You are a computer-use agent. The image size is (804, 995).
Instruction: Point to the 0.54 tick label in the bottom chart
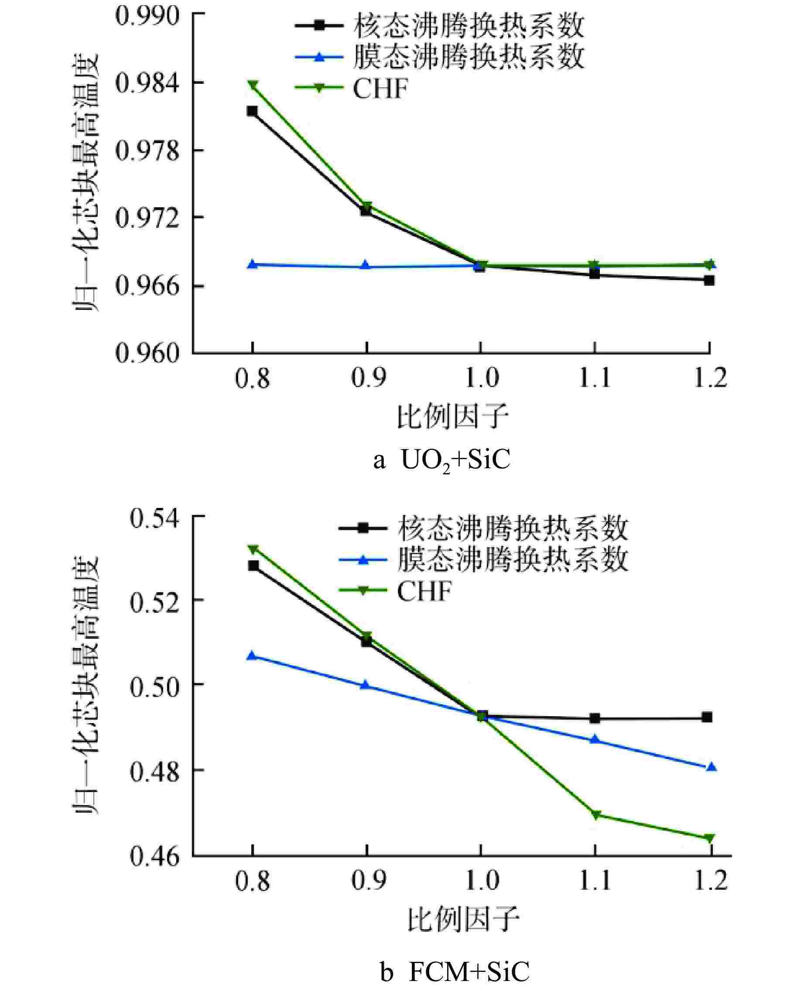coord(154,518)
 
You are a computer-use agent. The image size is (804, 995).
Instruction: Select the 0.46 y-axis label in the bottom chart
coord(154,857)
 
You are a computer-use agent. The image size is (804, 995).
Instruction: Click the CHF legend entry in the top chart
coord(380,88)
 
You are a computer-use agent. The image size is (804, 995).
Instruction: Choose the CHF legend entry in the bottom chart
coord(424,591)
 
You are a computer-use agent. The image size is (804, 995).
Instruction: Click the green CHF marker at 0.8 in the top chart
coord(253,85)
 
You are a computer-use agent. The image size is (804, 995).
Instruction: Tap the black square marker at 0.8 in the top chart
coord(253,111)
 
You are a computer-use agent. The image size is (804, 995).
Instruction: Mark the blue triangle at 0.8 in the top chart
coord(253,264)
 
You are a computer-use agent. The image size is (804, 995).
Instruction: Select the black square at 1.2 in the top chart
coord(709,280)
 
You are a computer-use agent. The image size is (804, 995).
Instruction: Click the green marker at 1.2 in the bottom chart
coord(709,838)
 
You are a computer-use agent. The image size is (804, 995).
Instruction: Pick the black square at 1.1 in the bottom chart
coord(595,718)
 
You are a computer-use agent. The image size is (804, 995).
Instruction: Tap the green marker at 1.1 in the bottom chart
coord(595,814)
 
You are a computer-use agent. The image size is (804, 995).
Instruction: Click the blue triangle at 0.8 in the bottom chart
coord(253,655)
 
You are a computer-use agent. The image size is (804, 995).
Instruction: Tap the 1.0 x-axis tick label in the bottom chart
coord(482,880)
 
